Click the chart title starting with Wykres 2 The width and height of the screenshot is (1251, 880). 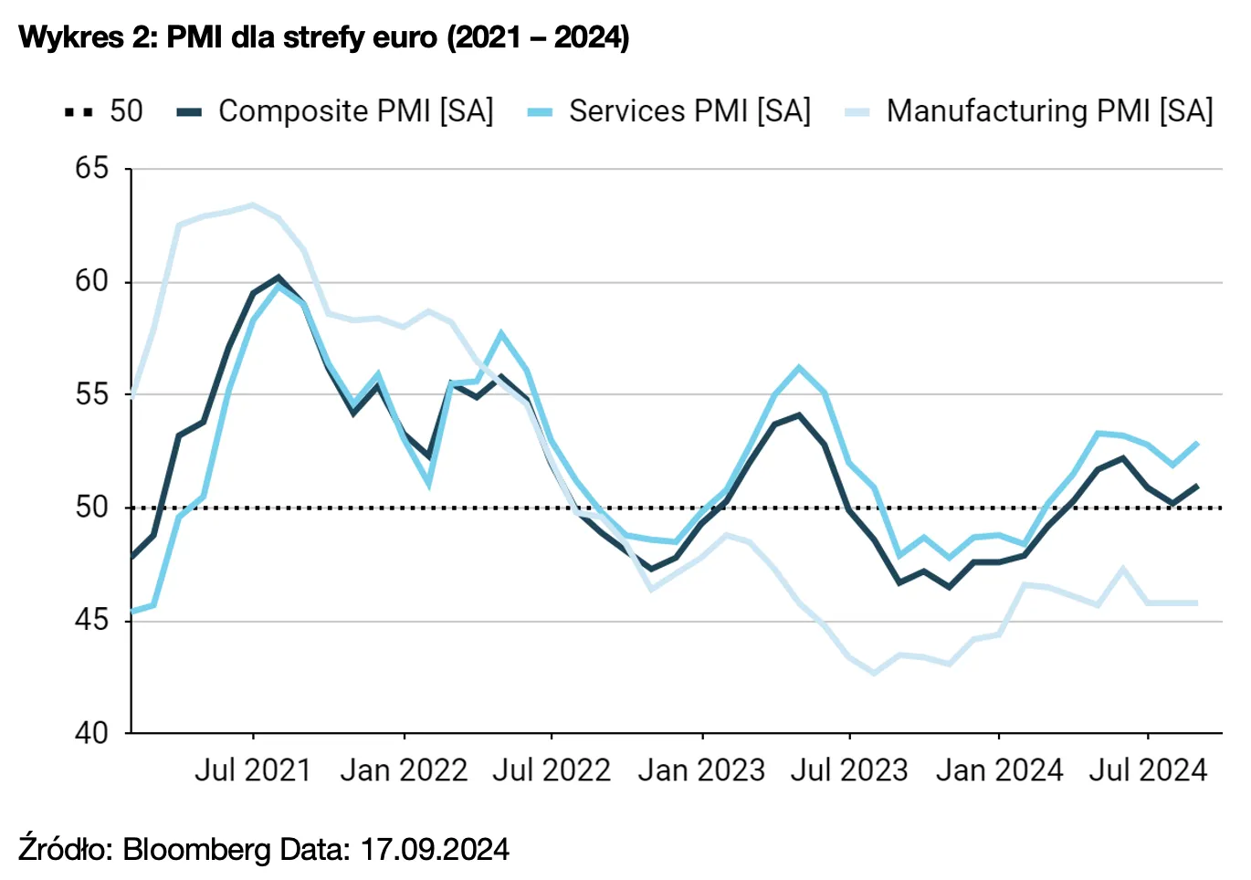324,37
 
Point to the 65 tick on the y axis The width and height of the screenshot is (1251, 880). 91,169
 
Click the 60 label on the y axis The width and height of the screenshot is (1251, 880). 91,281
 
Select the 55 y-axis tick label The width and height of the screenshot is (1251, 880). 91,394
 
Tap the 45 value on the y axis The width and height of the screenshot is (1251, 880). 91,620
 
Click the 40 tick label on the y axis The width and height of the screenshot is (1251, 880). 91,732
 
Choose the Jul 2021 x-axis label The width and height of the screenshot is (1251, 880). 253,770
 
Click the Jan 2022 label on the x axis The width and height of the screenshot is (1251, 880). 404,770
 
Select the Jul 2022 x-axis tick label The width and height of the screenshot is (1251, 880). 552,770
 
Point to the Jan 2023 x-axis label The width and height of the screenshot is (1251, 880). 701,770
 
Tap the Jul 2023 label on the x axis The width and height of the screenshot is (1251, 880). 849,770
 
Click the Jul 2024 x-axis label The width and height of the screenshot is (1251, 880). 1148,770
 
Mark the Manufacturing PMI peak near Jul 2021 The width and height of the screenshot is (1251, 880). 253,204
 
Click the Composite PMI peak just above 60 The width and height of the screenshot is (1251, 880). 279,277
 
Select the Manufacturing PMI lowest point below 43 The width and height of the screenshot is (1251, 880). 875,674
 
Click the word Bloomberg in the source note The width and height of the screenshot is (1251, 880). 196,850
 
